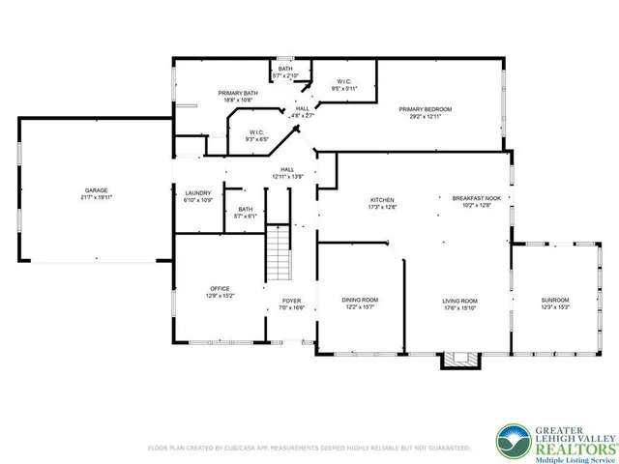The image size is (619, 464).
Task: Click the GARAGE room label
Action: click(97, 189)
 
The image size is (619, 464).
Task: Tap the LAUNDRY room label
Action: click(197, 193)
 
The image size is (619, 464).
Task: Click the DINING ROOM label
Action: click(359, 301)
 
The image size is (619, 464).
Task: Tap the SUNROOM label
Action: click(555, 301)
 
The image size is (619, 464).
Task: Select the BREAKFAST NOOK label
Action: click(473, 200)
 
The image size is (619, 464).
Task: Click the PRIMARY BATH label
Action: click(237, 93)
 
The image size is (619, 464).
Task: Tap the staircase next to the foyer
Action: click(279, 249)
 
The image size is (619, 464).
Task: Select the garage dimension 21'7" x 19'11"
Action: click(97, 197)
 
